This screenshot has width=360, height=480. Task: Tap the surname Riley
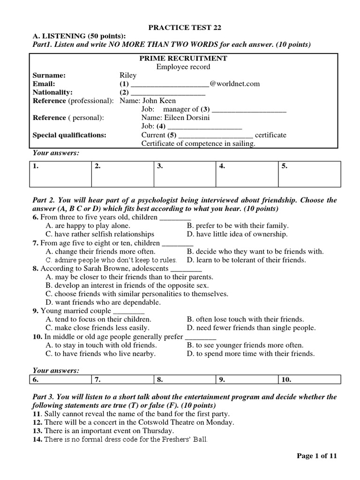coord(128,75)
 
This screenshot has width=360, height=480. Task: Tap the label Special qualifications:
coord(69,135)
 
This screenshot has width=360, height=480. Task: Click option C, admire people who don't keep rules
coord(111,260)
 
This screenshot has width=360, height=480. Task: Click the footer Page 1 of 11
coord(317,456)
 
